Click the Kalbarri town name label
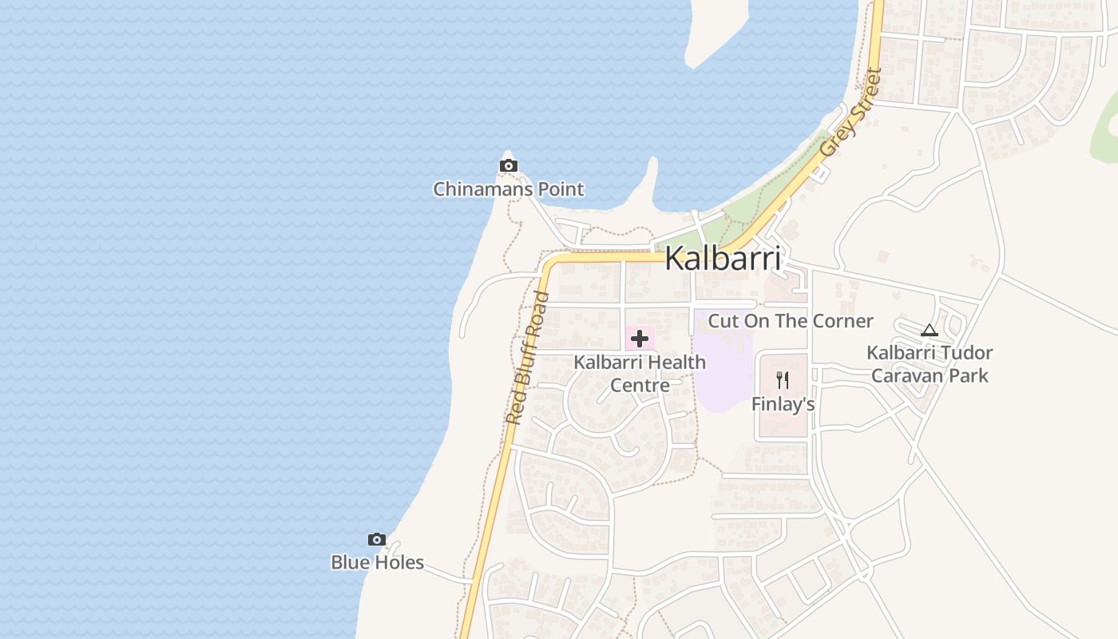click(x=722, y=258)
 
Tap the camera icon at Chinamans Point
click(x=508, y=166)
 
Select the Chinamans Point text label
click(x=508, y=189)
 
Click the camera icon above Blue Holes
click(x=377, y=540)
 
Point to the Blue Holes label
click(x=377, y=562)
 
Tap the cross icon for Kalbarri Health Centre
click(x=640, y=339)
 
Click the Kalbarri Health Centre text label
click(x=640, y=373)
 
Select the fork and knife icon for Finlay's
click(x=783, y=380)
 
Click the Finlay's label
click(x=783, y=404)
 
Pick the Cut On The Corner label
click(x=791, y=321)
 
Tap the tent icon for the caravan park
click(x=929, y=330)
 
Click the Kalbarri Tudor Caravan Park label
click(x=930, y=363)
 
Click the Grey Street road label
click(x=851, y=112)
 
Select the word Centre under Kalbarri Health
click(x=640, y=385)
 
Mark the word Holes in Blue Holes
click(x=399, y=562)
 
